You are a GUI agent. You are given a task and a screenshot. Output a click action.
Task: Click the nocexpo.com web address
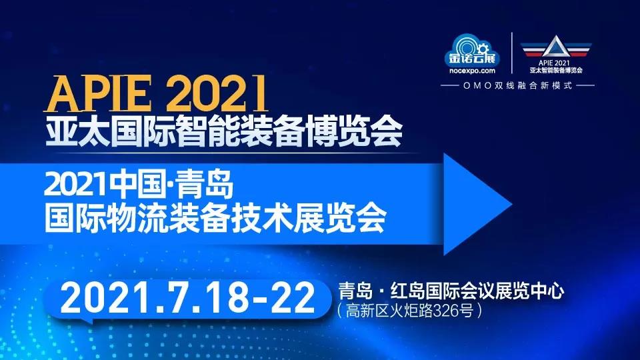click(x=472, y=71)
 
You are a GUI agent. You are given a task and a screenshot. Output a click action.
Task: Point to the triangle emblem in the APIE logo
click(x=555, y=46)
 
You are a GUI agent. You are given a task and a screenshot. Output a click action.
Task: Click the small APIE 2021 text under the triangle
click(x=554, y=63)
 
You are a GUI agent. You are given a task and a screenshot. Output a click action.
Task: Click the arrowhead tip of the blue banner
click(x=512, y=205)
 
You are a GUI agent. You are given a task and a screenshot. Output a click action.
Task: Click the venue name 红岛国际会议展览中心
click(x=477, y=291)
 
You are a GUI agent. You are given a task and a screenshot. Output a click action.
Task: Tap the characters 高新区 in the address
click(x=366, y=311)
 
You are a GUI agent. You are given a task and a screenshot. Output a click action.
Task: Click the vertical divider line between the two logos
click(x=512, y=53)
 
